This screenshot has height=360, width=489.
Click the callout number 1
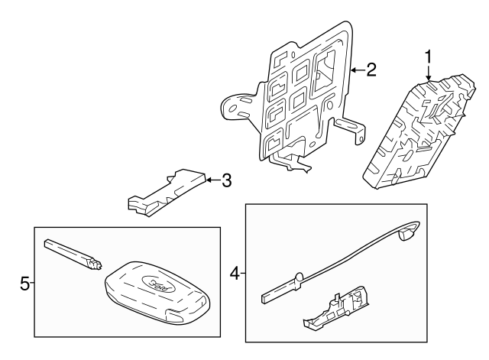[429, 56]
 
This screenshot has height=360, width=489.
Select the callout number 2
[371, 70]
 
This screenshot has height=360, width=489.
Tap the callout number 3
[225, 181]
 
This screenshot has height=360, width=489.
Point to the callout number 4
[235, 271]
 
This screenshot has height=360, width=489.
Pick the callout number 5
[24, 284]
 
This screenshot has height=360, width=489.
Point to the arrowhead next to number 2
[353, 70]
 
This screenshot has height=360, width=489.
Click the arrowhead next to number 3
[209, 181]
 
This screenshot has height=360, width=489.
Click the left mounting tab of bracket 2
[234, 105]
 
